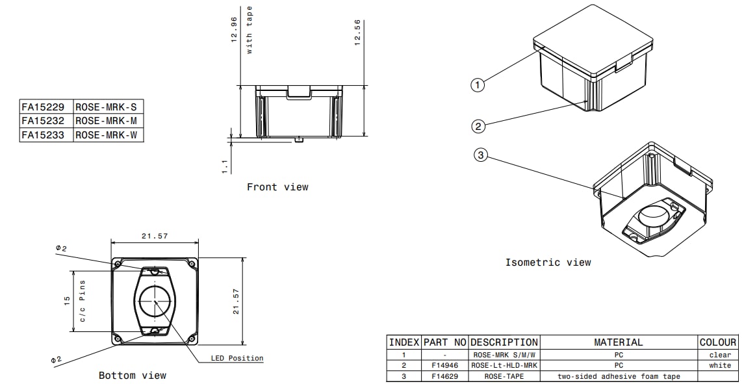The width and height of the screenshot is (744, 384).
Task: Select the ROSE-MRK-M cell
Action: [109, 121]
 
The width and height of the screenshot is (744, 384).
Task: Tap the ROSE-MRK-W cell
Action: [109, 135]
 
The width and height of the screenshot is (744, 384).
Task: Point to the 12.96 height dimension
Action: [234, 29]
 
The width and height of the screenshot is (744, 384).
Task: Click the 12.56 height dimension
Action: [357, 31]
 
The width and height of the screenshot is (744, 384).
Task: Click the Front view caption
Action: [277, 187]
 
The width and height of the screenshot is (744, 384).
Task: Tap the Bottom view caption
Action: [133, 376]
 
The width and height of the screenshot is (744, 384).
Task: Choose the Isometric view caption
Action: [548, 262]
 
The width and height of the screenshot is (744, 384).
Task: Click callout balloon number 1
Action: [478, 84]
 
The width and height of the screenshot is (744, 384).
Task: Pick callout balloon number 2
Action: [478, 126]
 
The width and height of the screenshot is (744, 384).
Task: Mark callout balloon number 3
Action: [480, 155]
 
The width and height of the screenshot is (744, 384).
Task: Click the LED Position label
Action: [237, 358]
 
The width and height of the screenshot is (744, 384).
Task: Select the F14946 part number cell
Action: [444, 366]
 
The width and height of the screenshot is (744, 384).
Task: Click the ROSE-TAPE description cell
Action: [504, 376]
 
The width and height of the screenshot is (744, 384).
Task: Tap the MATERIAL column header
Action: [618, 342]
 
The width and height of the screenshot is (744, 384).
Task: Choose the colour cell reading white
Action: [720, 366]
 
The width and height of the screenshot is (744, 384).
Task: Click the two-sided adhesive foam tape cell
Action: [618, 376]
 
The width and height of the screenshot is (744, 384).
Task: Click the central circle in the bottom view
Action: [156, 301]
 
